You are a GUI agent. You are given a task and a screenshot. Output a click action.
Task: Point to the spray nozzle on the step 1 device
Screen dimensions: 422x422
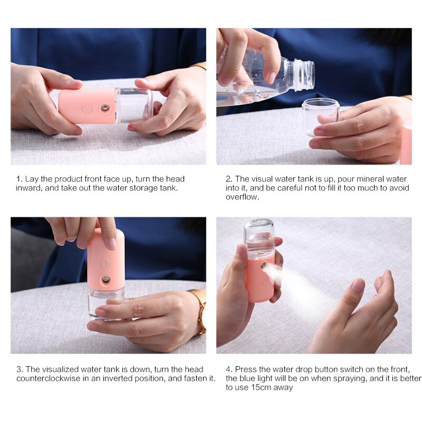tap(104, 108)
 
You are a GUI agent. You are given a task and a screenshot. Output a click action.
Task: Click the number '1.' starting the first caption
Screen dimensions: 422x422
tap(18, 179)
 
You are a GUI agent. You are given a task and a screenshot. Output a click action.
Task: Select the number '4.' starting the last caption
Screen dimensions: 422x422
tap(229, 369)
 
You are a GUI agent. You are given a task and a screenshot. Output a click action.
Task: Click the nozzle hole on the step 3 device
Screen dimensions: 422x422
tap(105, 279)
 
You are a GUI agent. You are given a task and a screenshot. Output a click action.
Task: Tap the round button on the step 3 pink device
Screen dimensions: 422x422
tap(105, 263)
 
